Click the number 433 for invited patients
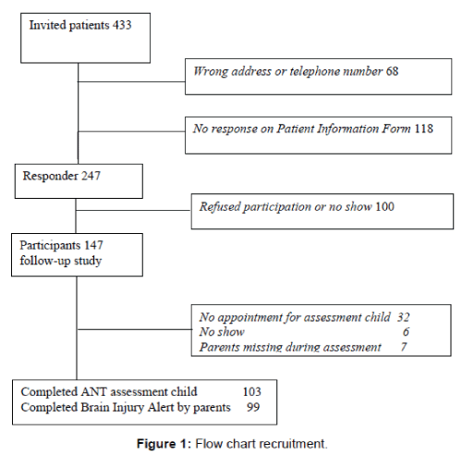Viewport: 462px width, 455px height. tap(122, 25)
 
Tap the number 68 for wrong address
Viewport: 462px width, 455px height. tap(392, 71)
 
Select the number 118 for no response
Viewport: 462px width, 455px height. tap(424, 129)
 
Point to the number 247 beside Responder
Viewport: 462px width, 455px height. tap(91, 176)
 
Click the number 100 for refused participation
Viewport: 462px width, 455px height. tap(384, 206)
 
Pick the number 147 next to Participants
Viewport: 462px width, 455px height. tap(93, 245)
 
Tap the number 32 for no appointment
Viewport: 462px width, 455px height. tap(403, 317)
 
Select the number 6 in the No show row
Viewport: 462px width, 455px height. tap(406, 332)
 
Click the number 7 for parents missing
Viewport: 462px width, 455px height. tap(404, 347)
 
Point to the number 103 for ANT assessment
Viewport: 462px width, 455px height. tap(252, 391)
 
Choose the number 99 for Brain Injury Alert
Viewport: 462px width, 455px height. tap(253, 407)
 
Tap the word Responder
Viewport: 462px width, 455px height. tap(51, 176)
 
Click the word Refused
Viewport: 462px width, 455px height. tap(220, 206)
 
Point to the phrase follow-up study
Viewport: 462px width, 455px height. tap(61, 261)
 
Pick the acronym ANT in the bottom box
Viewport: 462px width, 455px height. tap(93, 391)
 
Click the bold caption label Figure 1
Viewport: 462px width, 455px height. tap(162, 444)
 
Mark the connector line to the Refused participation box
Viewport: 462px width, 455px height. tap(133, 211)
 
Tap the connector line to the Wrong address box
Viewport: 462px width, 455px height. tap(131, 81)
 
